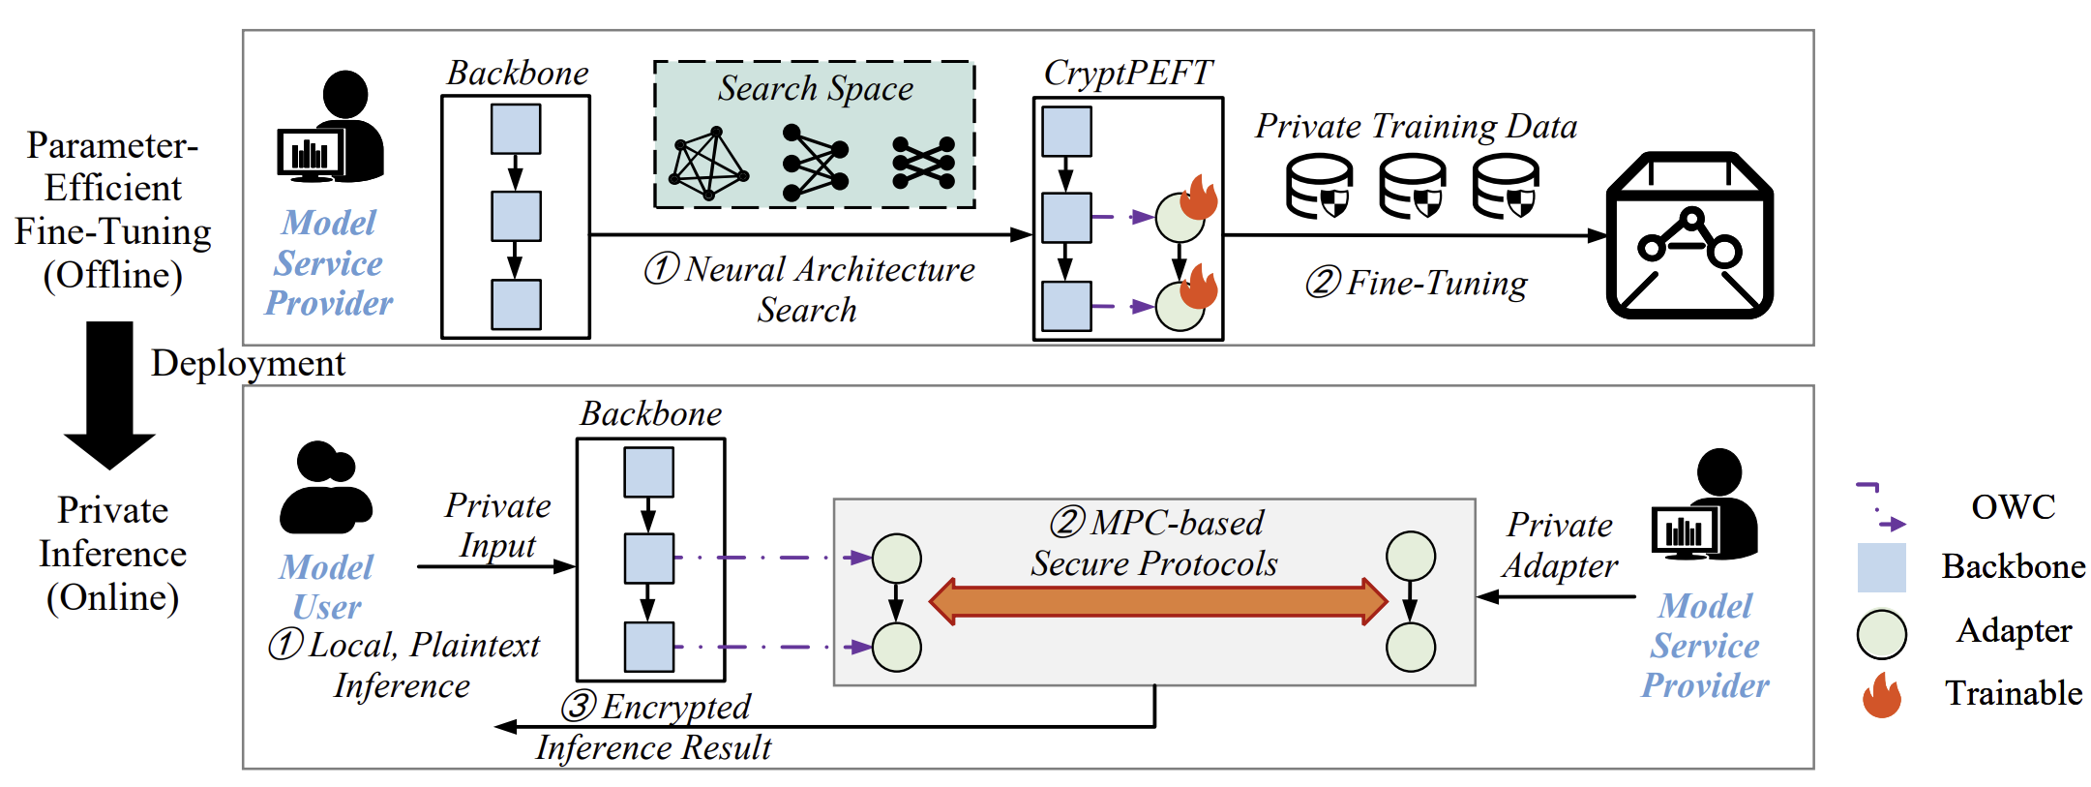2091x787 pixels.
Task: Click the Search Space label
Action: click(x=815, y=88)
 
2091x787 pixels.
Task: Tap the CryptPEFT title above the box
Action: click(x=1127, y=73)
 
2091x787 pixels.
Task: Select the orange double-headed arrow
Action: click(x=1157, y=601)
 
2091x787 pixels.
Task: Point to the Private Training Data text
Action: click(x=1416, y=126)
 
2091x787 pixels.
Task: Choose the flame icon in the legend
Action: click(x=1881, y=695)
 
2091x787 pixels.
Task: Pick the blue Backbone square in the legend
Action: click(x=1881, y=567)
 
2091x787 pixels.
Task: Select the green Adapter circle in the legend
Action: click(x=1881, y=634)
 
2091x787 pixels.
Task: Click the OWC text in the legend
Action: click(x=2013, y=506)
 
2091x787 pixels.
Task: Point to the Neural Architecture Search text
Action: click(x=810, y=288)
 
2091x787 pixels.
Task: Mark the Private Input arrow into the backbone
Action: click(x=495, y=566)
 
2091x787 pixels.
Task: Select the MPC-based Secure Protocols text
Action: click(x=1155, y=543)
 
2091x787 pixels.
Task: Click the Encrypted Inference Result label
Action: click(x=656, y=727)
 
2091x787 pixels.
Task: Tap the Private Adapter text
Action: click(x=1559, y=545)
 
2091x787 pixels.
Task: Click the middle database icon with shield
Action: click(x=1412, y=187)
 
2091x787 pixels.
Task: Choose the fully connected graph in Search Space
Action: click(x=709, y=164)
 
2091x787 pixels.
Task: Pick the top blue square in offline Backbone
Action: click(x=516, y=129)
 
